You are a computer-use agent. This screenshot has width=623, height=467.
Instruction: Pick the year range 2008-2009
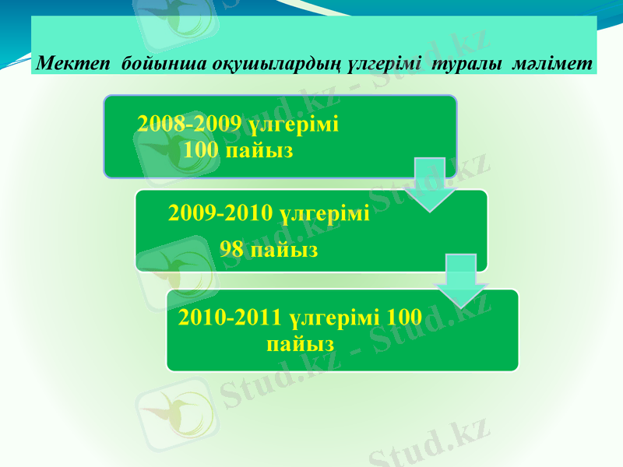click(x=188, y=124)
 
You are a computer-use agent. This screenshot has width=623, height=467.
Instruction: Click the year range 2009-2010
click(x=220, y=212)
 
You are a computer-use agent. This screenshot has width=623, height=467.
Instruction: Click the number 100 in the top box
click(x=202, y=149)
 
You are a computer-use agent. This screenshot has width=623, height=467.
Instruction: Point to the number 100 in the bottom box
click(x=404, y=318)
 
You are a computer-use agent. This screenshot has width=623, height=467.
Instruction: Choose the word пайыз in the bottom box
click(x=301, y=343)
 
